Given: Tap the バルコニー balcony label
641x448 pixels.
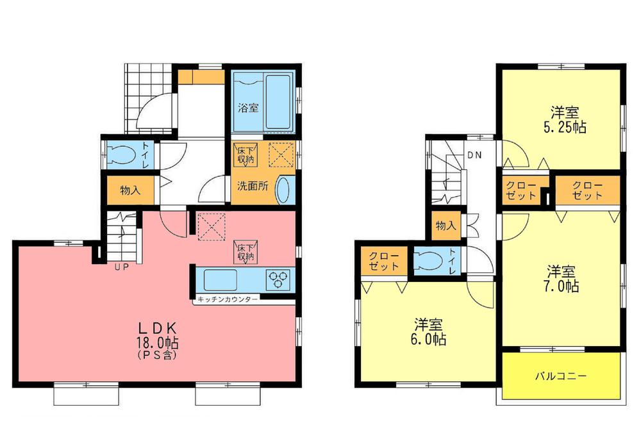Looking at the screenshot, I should (561, 376).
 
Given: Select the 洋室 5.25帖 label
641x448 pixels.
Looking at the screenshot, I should (562, 118).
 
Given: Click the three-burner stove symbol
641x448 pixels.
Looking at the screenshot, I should (279, 280).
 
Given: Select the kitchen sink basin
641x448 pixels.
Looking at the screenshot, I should (219, 280).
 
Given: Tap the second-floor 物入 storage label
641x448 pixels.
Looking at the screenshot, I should (444, 226).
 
